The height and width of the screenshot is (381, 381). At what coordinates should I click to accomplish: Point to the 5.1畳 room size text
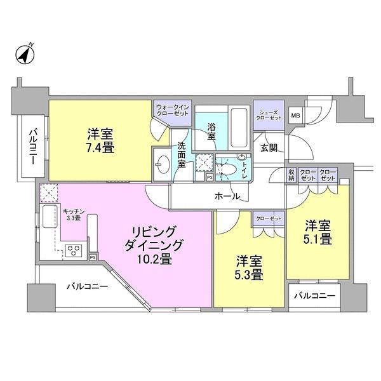click(317, 240)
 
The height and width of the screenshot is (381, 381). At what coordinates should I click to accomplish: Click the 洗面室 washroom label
click(181, 154)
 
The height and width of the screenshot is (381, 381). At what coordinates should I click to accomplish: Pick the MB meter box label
click(295, 116)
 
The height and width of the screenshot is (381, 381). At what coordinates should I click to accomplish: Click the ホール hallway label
click(227, 197)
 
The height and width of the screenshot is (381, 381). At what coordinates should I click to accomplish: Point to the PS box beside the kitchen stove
click(93, 257)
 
